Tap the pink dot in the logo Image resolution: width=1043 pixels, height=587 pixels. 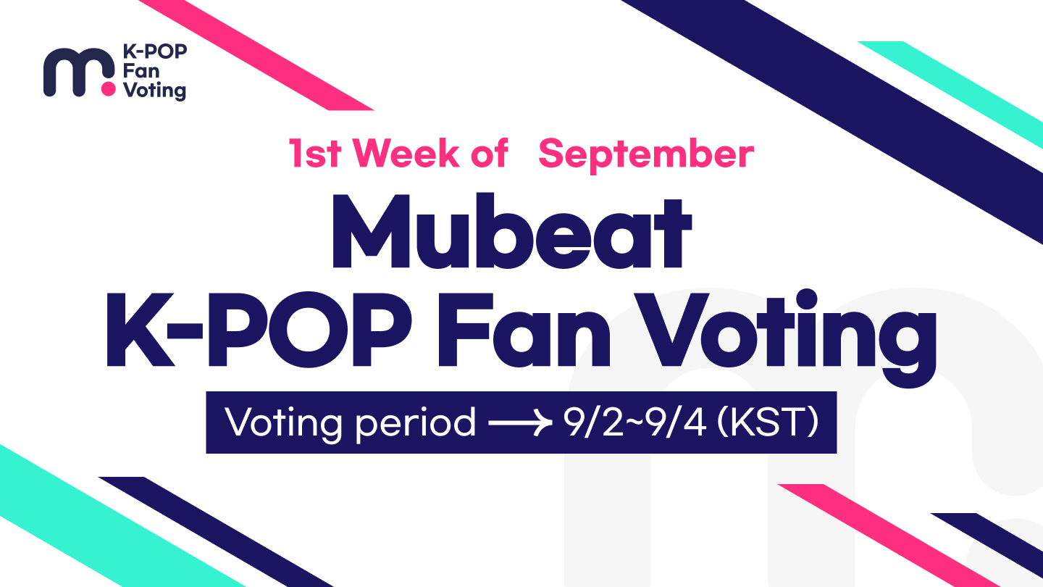point(108,89)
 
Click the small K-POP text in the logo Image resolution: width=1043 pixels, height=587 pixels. point(155,51)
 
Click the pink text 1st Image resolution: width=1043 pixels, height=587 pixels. point(315,153)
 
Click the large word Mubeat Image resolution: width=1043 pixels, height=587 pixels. point(511,230)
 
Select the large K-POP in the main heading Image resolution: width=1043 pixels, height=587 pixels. point(259,329)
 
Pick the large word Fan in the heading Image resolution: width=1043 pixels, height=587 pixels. point(524,330)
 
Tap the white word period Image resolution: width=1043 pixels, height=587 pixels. point(416,424)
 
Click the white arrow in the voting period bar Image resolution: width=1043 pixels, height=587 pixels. point(520,423)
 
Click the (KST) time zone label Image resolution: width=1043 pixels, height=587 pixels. point(768,422)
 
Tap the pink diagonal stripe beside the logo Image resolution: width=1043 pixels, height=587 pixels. point(256,55)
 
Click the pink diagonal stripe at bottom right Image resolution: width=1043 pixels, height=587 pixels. point(889,536)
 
